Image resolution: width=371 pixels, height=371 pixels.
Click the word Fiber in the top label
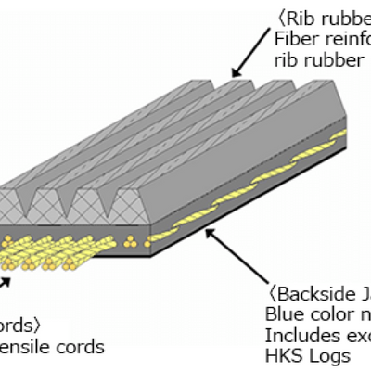pos(294,38)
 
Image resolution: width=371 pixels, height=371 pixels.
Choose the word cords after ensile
pos(81,348)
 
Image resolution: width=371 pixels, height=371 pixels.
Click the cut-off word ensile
pos(28,348)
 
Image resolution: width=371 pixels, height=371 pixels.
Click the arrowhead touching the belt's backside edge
pos(209,234)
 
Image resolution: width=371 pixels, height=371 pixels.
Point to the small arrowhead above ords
pos(7,275)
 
